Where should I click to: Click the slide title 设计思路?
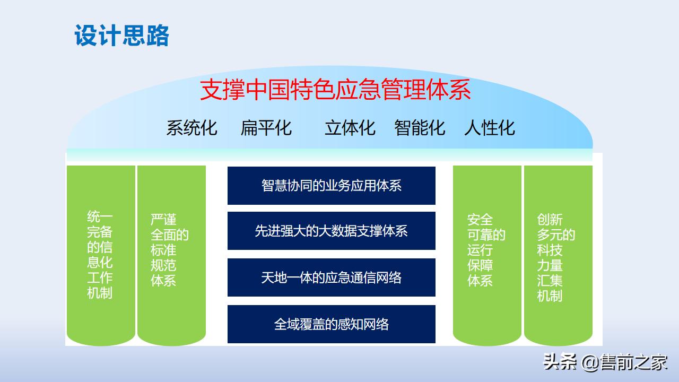[x=121, y=36]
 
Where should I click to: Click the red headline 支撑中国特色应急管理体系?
[x=335, y=90]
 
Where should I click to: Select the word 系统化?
[x=191, y=128]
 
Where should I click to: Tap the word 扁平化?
[x=266, y=128]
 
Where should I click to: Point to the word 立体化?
[x=350, y=128]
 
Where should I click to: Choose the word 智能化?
[x=420, y=128]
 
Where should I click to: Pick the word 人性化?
[x=489, y=128]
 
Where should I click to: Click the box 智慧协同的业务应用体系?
[x=331, y=185]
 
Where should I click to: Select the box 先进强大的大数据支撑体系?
[x=331, y=231]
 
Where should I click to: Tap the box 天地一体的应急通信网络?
[x=331, y=277]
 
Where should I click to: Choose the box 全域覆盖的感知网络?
[x=331, y=324]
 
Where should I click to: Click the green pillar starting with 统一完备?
[x=100, y=255]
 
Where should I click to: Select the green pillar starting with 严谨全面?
[x=171, y=255]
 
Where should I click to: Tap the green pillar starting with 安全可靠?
[x=486, y=255]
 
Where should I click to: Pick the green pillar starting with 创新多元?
[x=558, y=255]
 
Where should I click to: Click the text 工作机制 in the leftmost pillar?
[x=100, y=285]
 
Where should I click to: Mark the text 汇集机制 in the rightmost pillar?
[x=550, y=288]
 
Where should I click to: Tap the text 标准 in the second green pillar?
[x=163, y=250]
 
